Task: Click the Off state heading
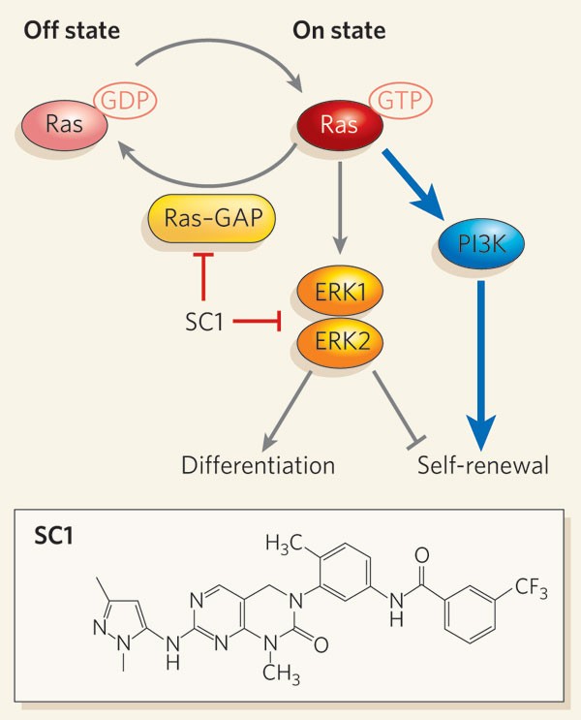point(73,31)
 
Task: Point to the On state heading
point(339,31)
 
